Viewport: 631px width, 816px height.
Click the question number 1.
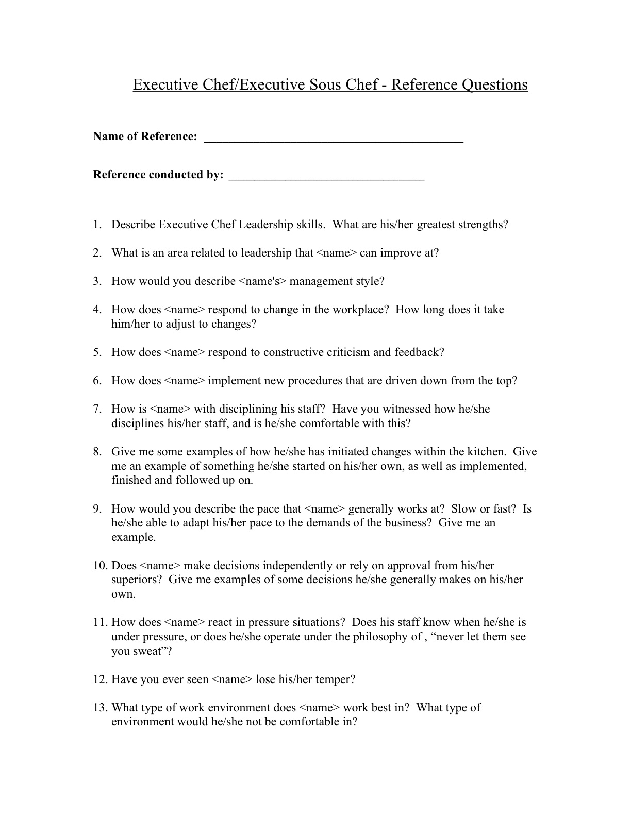(x=96, y=225)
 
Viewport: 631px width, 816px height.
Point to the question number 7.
(x=96, y=409)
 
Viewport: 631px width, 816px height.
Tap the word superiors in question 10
(x=137, y=580)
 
